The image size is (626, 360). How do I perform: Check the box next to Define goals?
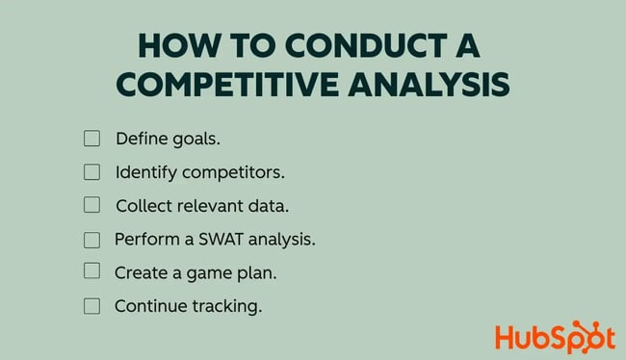(x=91, y=139)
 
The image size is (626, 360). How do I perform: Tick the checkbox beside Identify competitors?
(x=91, y=172)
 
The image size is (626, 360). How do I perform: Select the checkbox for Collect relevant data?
(x=91, y=205)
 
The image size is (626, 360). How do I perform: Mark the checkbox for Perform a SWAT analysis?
(x=91, y=239)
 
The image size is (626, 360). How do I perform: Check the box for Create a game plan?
(x=91, y=271)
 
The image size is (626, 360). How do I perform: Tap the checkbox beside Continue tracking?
(x=91, y=306)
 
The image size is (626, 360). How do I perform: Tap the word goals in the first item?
(x=196, y=139)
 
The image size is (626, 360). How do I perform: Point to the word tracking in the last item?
(x=226, y=306)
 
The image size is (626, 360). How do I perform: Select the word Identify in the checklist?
(x=143, y=172)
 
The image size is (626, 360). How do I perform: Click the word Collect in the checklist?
(x=142, y=205)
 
